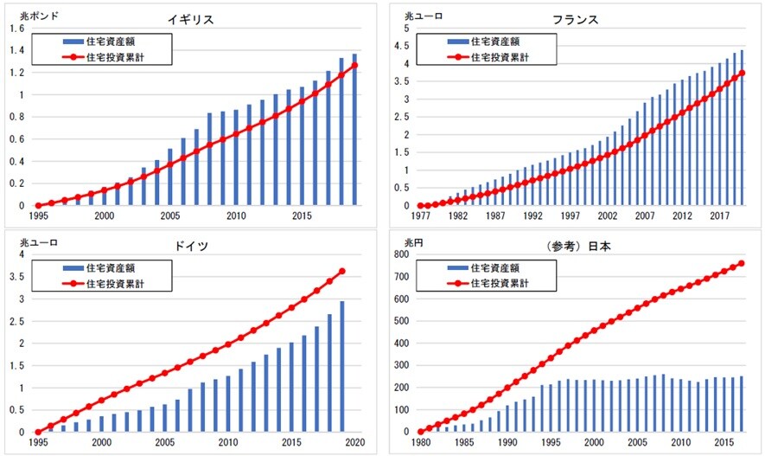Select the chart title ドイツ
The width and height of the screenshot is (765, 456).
point(191,246)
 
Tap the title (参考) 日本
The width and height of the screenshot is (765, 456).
point(582,246)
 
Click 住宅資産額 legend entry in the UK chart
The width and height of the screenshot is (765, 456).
point(112,42)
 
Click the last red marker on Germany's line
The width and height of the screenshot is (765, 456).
point(342,272)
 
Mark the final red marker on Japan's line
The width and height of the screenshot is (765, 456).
point(741,263)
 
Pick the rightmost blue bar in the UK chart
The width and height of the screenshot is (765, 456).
point(354,130)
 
